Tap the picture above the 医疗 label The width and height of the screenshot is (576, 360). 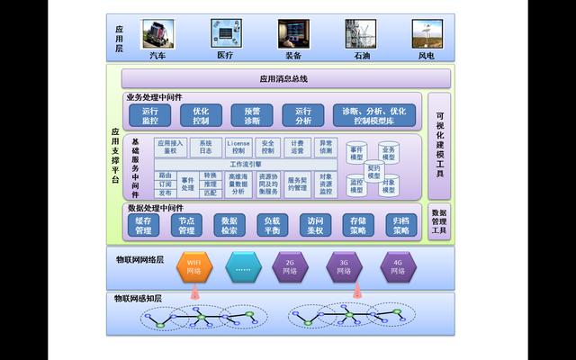tap(224, 33)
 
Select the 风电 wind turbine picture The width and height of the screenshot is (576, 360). tap(427, 33)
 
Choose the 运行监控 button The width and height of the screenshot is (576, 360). tap(150, 115)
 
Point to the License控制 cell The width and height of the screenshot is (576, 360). tap(238, 147)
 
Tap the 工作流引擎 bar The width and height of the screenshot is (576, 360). tap(246, 165)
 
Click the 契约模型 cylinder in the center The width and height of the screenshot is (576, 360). tap(373, 170)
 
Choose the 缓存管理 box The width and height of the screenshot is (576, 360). tap(143, 225)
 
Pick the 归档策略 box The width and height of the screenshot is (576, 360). tap(400, 225)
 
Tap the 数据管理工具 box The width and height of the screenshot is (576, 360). tap(439, 221)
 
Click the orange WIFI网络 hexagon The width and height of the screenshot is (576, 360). tap(194, 266)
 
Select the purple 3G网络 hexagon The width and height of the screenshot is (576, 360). tap(343, 266)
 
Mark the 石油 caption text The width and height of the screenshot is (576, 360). tap(360, 56)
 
